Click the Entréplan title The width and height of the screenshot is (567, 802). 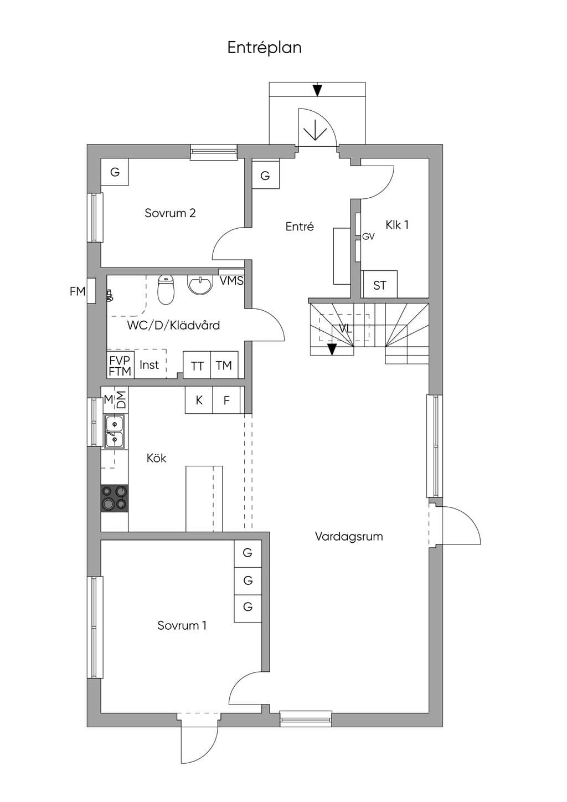coord(265,48)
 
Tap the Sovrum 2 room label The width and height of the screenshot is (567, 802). coord(170,213)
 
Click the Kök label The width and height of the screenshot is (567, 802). coord(157,458)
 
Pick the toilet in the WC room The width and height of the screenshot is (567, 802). coord(166,290)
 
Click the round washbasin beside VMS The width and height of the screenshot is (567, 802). coord(199,285)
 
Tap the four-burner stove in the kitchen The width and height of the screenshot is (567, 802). coord(115,498)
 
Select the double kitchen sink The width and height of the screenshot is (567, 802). coord(115,431)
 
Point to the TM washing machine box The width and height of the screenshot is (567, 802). coord(224,365)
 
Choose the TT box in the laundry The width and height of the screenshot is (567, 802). coord(197,365)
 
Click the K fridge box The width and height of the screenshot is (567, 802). coord(199,400)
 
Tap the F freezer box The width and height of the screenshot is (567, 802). coord(226,400)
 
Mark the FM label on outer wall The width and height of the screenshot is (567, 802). coord(78,292)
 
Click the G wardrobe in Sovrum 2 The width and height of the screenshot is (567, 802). coord(115,172)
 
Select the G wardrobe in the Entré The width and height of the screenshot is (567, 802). coord(265,175)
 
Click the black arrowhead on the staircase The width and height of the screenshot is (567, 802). coord(332,349)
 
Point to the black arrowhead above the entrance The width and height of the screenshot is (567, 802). coord(317,90)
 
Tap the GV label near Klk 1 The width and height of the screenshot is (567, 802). coord(368,237)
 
